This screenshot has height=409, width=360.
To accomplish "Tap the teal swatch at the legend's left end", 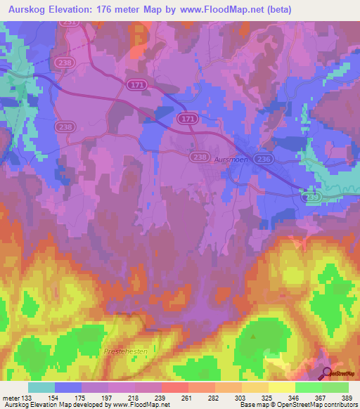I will pos(41,387).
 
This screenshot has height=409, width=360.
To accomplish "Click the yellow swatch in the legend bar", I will pos(281,387).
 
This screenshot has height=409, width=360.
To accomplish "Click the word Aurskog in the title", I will pos(27,9).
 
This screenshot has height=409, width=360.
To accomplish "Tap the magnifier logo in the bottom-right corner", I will pos(327,374).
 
